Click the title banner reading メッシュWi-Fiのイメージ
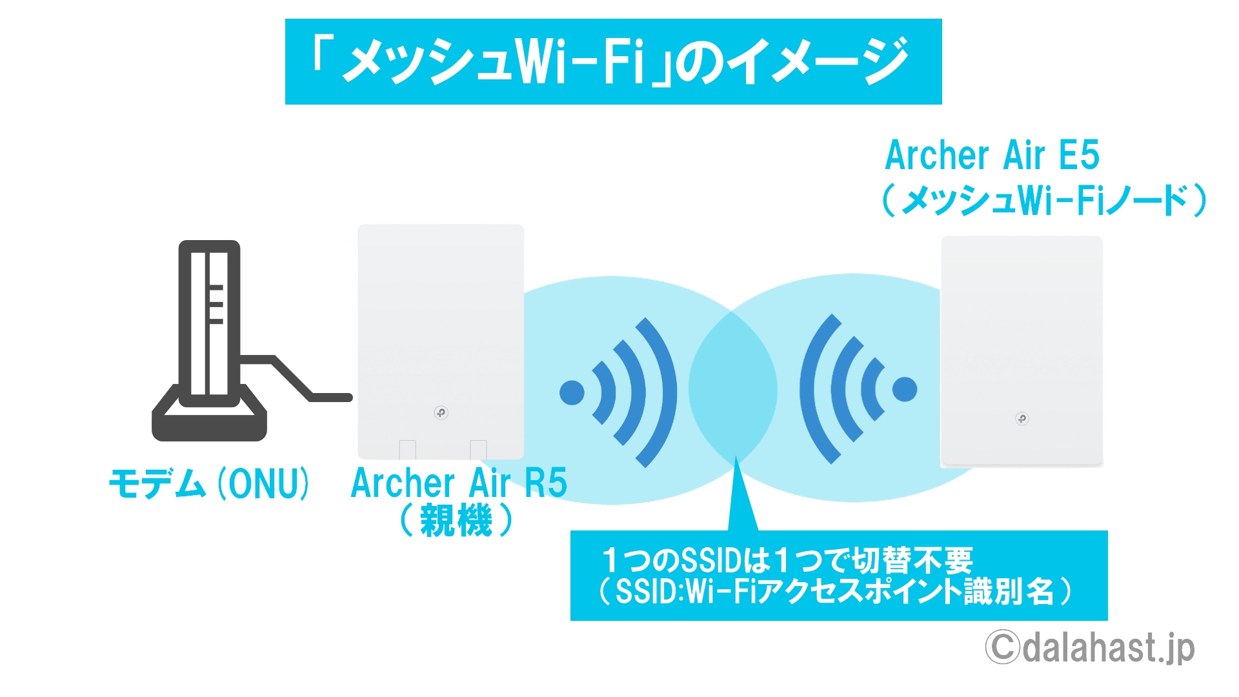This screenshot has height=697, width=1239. click(x=613, y=61)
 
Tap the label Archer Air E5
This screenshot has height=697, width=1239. click(x=992, y=156)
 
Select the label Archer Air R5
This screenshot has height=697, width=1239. click(x=459, y=483)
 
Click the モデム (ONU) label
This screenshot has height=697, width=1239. click(x=209, y=483)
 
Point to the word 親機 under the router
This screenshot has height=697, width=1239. click(x=456, y=520)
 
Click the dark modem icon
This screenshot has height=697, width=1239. click(x=209, y=341)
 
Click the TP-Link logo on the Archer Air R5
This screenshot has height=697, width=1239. click(x=441, y=412)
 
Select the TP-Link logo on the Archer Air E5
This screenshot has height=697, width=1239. click(x=1022, y=419)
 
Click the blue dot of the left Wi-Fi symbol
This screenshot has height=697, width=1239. click(x=572, y=392)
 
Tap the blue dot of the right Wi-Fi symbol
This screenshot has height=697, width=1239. click(x=905, y=389)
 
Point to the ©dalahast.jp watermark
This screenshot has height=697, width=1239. click(x=1090, y=647)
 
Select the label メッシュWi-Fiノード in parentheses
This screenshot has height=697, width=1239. click(x=1044, y=199)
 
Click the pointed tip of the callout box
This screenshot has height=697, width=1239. click(x=736, y=456)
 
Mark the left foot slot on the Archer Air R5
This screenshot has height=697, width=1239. click(x=407, y=449)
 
